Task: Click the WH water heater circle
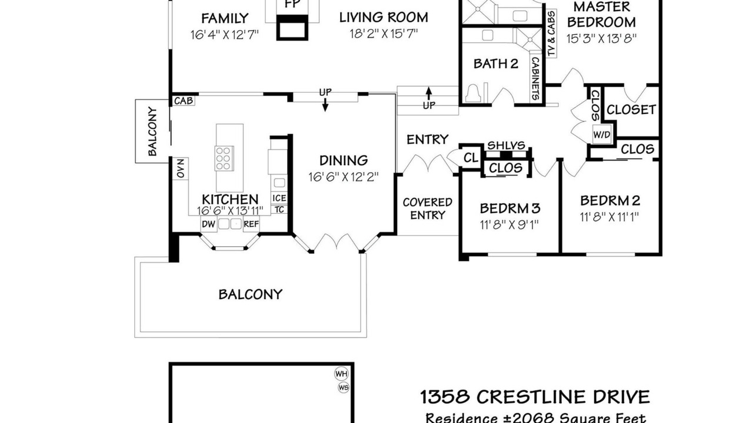click(342, 374)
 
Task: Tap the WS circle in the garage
click(344, 388)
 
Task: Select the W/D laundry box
click(602, 135)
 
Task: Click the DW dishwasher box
click(209, 224)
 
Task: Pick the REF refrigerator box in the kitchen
click(251, 224)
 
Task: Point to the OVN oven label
click(181, 169)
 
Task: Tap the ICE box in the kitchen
click(279, 198)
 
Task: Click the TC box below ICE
click(279, 210)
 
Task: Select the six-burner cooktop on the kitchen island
click(224, 158)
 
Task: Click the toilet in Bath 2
click(474, 93)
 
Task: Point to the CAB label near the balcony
click(184, 100)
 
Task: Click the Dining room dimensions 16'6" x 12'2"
click(344, 177)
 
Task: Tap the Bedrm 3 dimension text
click(509, 224)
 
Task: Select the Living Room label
click(384, 18)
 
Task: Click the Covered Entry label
click(428, 209)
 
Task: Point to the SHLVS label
click(506, 145)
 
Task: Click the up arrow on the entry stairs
click(429, 93)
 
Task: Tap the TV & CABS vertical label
click(551, 33)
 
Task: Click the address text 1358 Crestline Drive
click(535, 397)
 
